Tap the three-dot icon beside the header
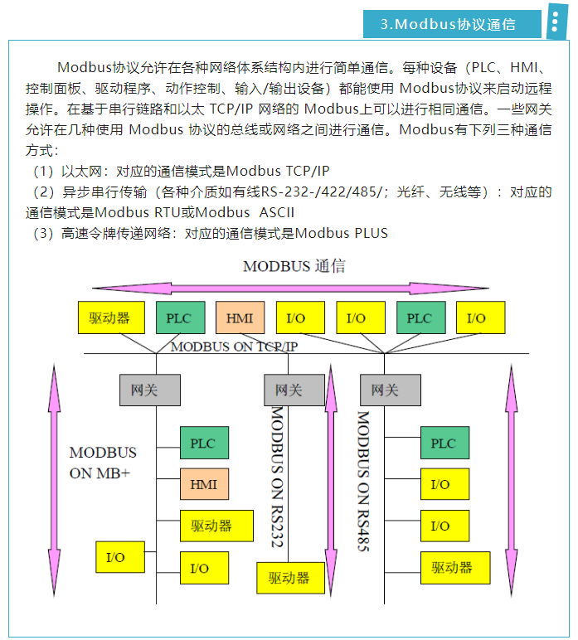(x=555, y=24)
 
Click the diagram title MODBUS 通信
(x=294, y=266)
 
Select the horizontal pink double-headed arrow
(x=294, y=288)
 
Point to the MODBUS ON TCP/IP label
(x=234, y=347)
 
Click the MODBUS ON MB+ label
(x=103, y=463)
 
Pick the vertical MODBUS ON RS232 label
(x=278, y=476)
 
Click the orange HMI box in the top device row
(x=240, y=318)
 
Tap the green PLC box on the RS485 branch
(x=444, y=443)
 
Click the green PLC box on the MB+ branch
(x=204, y=443)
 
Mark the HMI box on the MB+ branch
(x=204, y=484)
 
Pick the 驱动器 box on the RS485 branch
(x=454, y=567)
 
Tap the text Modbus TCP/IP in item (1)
(x=277, y=171)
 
